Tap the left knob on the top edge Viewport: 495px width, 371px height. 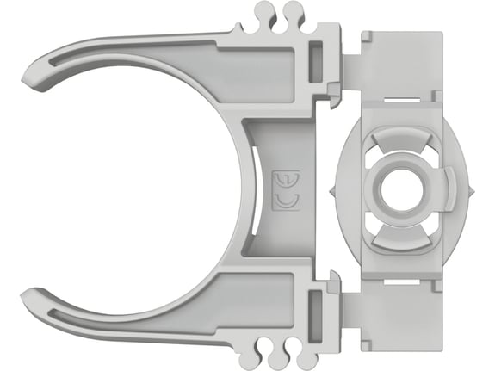pos(265,12)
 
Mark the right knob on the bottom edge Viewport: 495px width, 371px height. pos(296,355)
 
